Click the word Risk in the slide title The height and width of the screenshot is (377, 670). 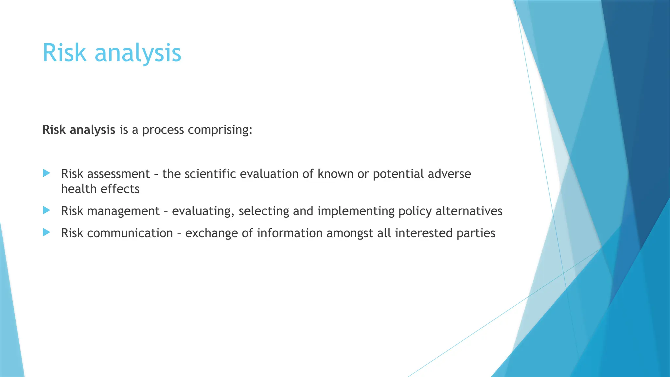[64, 53]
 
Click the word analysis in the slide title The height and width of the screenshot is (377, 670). [138, 53]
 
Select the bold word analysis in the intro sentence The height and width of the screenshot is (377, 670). [93, 130]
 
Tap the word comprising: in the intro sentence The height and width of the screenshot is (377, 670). [220, 130]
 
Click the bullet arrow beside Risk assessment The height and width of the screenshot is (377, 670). [47, 173]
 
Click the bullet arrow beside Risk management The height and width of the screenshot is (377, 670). [47, 210]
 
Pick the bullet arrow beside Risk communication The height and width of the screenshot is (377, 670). [47, 232]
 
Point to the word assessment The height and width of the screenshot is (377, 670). [118, 174]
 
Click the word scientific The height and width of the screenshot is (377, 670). [210, 174]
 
